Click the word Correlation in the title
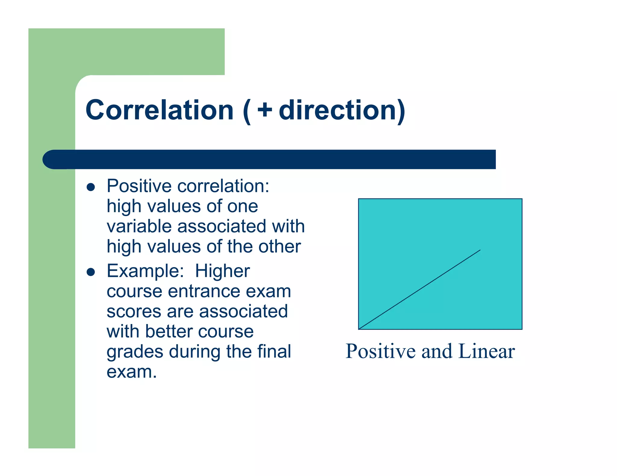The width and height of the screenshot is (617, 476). point(160,110)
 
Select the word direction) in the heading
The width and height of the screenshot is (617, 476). point(342,110)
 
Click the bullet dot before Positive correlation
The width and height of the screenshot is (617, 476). point(91,187)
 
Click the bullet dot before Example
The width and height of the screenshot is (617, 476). point(91,272)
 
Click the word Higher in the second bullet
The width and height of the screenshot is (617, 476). point(222,271)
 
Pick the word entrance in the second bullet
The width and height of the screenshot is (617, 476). point(204,291)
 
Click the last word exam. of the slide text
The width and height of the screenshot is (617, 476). point(132,372)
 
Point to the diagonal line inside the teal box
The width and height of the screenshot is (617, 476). point(419,289)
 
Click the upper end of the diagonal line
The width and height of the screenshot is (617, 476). point(480,250)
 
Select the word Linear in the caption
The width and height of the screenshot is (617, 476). point(486,351)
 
